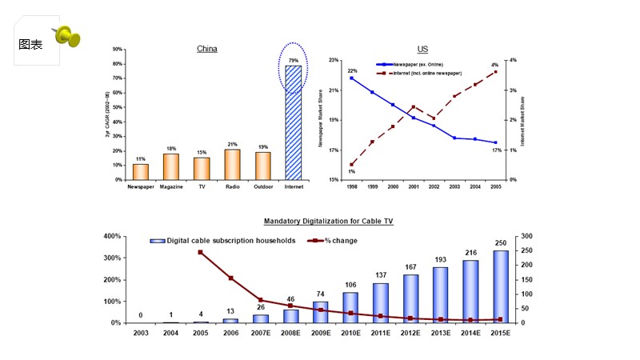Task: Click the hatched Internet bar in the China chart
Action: click(294, 122)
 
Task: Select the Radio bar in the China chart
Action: click(233, 165)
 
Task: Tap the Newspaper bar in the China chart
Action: click(141, 172)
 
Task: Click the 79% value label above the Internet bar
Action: click(294, 61)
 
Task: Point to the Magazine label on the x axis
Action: click(171, 187)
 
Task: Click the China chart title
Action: click(207, 49)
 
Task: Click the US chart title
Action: click(422, 49)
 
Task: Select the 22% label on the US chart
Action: click(352, 71)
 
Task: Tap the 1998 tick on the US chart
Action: click(351, 186)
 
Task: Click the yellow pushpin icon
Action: click(66, 36)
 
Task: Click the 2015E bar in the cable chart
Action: click(500, 286)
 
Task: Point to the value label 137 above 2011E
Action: click(381, 275)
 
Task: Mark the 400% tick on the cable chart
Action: click(111, 237)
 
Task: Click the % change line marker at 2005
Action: click(200, 253)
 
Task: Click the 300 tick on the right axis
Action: click(525, 237)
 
